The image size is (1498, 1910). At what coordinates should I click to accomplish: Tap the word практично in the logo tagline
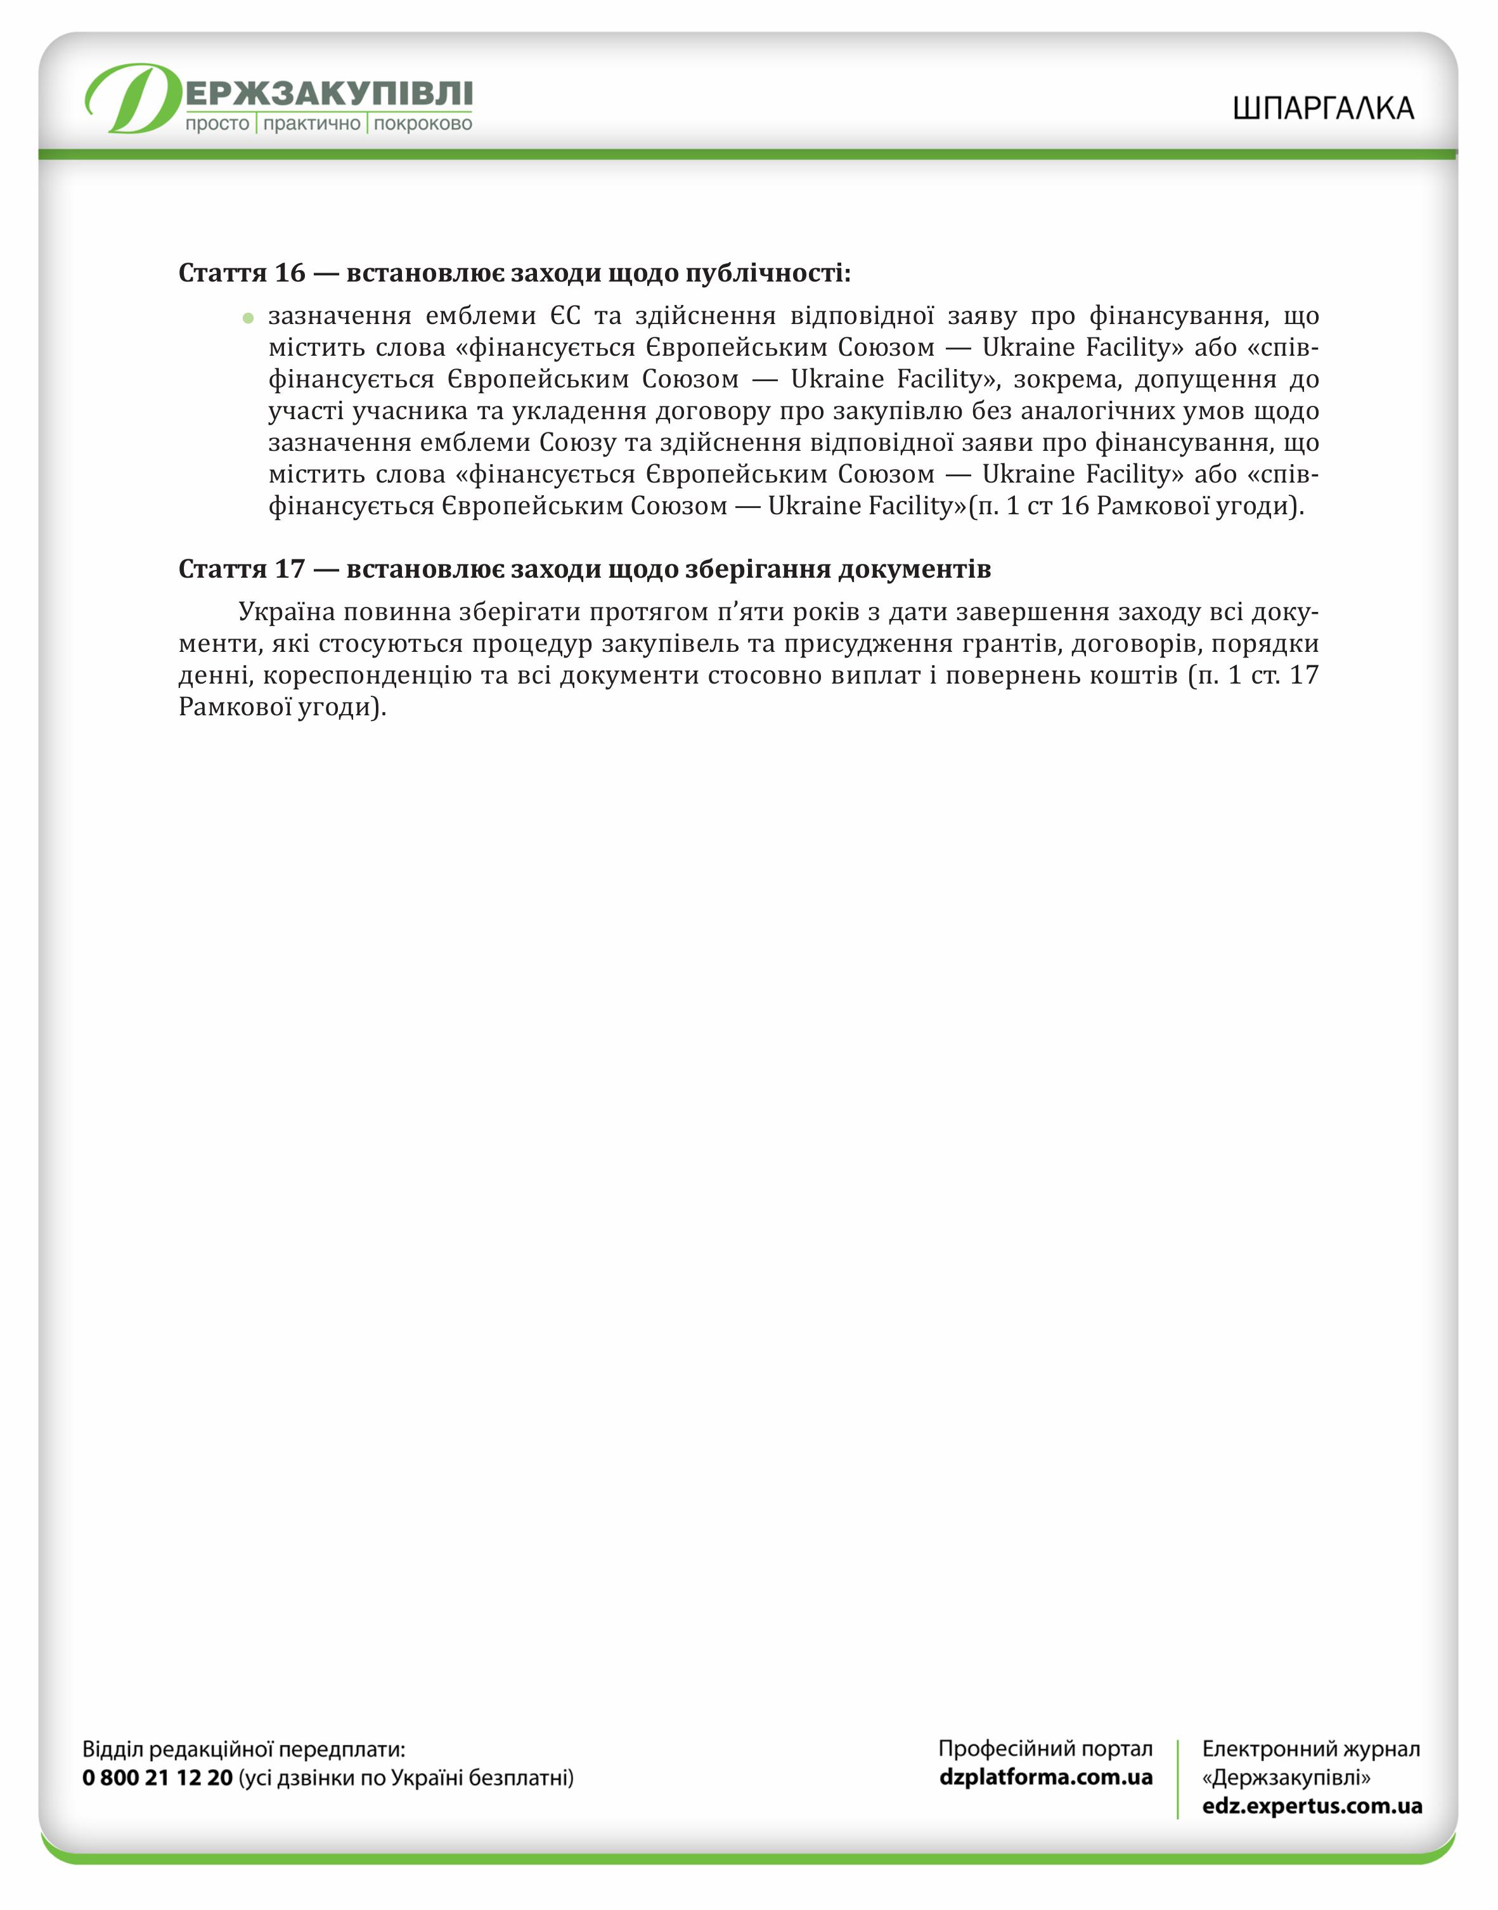pyautogui.click(x=311, y=124)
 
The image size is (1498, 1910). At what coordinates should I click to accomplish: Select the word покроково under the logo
pyautogui.click(x=423, y=124)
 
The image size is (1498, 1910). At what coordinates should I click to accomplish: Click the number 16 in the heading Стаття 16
pyautogui.click(x=290, y=273)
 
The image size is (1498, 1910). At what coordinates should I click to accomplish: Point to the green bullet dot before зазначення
pyautogui.click(x=249, y=318)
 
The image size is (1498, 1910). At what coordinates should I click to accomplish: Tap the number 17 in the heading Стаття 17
pyautogui.click(x=290, y=569)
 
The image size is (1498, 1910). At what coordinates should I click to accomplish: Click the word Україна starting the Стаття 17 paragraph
pyautogui.click(x=287, y=611)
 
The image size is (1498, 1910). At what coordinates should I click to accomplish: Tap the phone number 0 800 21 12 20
pyautogui.click(x=158, y=1777)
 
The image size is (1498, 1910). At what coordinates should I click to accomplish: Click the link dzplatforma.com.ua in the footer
pyautogui.click(x=1045, y=1777)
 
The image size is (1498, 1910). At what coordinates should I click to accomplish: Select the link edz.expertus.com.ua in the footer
pyautogui.click(x=1311, y=1805)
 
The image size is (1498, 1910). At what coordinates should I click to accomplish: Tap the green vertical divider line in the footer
pyautogui.click(x=1177, y=1778)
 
